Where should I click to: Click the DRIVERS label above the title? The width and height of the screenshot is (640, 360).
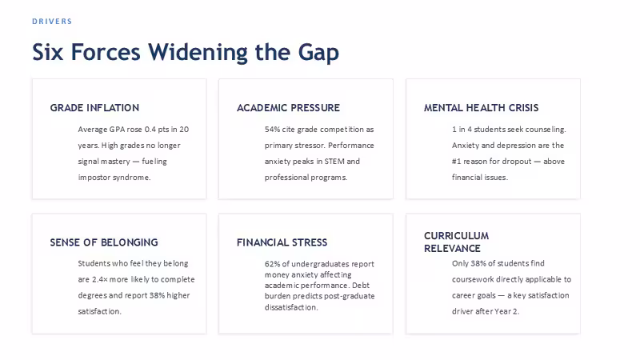click(52, 22)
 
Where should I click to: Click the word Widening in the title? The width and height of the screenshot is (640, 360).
click(198, 53)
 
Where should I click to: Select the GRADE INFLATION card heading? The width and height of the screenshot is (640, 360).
click(94, 108)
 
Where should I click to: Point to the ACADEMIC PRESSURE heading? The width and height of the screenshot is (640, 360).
click(288, 108)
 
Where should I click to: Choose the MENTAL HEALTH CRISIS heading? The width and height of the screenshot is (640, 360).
click(482, 108)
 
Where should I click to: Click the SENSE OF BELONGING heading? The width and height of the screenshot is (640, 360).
click(104, 242)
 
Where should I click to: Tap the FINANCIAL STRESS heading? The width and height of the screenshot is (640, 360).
click(282, 242)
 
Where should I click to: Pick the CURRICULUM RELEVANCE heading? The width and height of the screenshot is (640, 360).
click(456, 242)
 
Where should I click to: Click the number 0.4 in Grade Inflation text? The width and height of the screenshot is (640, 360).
click(150, 130)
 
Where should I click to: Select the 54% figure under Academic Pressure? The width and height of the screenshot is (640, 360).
click(272, 130)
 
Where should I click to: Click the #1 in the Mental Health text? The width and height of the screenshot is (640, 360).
click(456, 162)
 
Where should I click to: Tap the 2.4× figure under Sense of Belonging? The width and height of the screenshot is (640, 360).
click(99, 279)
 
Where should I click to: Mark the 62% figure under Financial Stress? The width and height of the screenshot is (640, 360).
click(272, 264)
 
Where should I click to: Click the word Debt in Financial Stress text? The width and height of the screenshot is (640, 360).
click(361, 286)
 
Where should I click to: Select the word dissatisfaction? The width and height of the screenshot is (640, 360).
click(291, 307)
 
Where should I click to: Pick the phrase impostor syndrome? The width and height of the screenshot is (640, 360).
click(114, 178)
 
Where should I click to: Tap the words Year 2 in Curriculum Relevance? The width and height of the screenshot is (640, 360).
click(506, 311)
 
